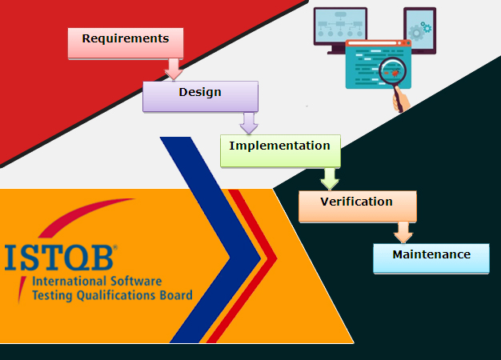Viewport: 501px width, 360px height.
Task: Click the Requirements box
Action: [126, 43]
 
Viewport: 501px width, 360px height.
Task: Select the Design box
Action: [200, 97]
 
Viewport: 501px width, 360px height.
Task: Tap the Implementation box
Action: [279, 150]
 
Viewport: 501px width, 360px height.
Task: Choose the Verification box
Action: [357, 206]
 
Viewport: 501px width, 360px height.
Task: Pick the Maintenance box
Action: [431, 258]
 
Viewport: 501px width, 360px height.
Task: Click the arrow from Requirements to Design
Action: [173, 70]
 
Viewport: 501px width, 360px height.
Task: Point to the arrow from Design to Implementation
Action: [249, 122]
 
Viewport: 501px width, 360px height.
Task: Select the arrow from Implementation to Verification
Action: [329, 178]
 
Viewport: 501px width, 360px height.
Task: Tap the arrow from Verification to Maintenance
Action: [403, 232]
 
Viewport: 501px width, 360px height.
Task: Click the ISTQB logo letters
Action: [60, 258]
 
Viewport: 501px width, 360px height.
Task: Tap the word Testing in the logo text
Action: [52, 295]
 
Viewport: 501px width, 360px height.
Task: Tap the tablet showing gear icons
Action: [419, 30]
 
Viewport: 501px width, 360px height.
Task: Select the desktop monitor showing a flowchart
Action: [340, 29]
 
